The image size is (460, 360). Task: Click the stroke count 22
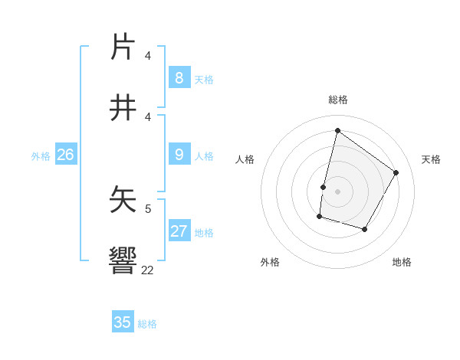[x=147, y=270]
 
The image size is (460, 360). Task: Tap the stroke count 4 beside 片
[x=148, y=55]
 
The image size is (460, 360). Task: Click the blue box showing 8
[x=179, y=77]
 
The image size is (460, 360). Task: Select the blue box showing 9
[x=179, y=155]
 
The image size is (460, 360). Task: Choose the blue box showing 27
[x=179, y=231]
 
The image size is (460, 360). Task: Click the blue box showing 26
[x=65, y=155]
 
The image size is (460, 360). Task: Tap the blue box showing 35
[x=123, y=322]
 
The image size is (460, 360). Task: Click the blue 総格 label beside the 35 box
[x=147, y=324]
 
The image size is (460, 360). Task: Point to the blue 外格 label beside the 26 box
[x=41, y=156]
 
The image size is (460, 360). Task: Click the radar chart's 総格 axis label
[x=338, y=100]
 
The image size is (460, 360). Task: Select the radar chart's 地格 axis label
[x=402, y=262]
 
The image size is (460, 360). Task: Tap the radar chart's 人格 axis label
[x=245, y=159]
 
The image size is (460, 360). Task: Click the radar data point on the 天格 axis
[x=396, y=172]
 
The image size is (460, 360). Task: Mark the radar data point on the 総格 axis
[x=337, y=131]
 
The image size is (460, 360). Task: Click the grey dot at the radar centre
[x=337, y=191]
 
